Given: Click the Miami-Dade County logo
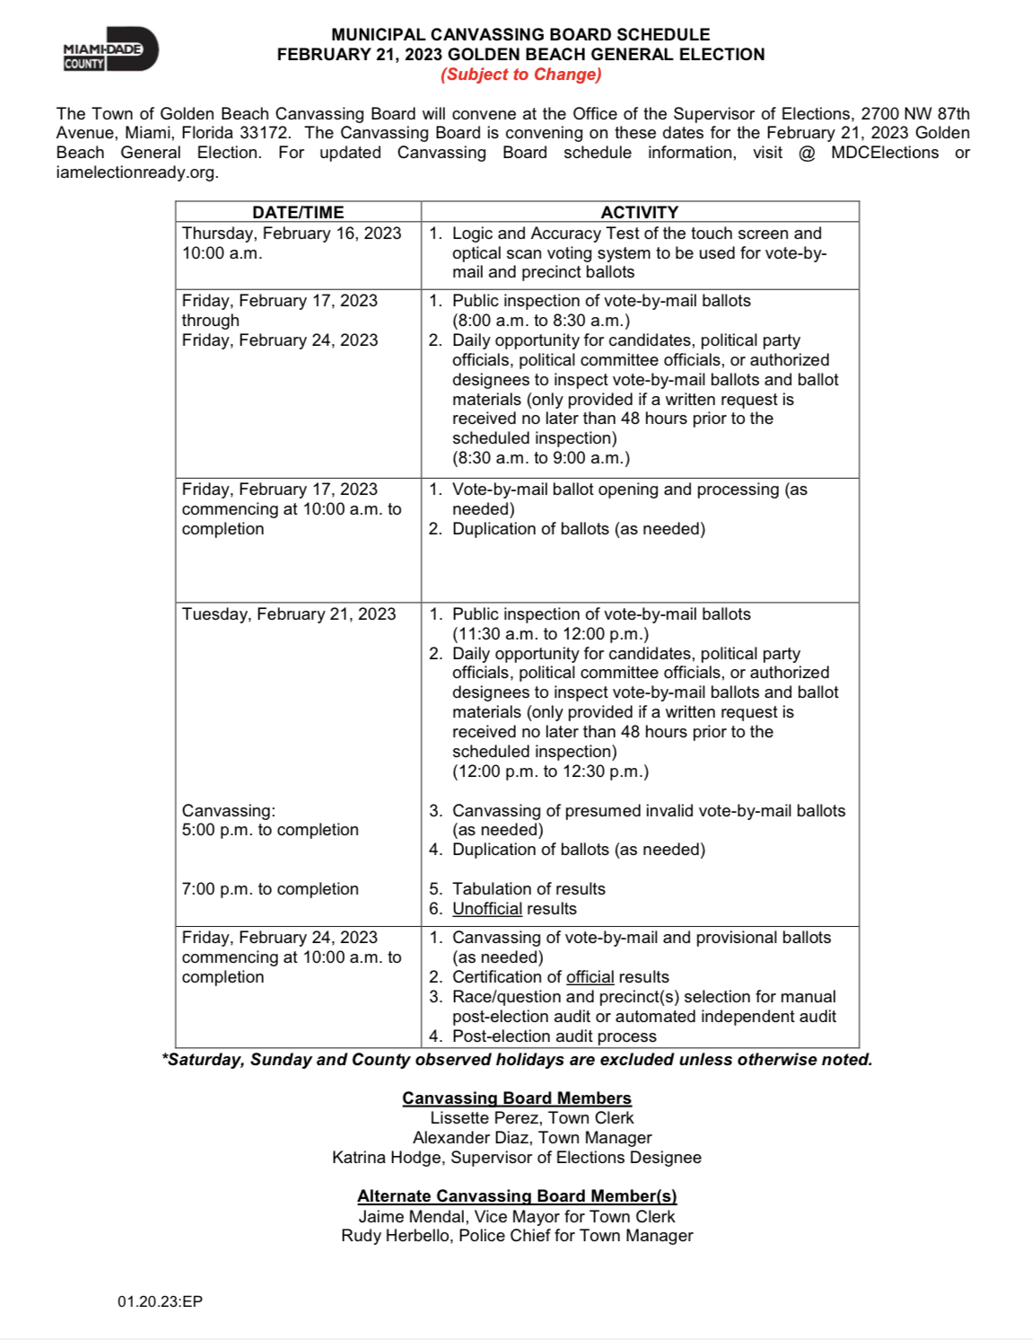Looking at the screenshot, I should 109,50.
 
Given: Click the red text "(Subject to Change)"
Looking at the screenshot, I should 521,75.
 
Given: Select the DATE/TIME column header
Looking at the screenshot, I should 298,212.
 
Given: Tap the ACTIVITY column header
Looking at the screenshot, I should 639,212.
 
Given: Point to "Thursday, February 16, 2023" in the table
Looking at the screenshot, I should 291,234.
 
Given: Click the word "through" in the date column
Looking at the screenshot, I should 210,321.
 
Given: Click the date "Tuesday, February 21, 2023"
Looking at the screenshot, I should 288,614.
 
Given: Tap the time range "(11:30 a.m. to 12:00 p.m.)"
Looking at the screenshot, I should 550,634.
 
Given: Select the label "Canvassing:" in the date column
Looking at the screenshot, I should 228,811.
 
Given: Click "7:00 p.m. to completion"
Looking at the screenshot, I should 269,889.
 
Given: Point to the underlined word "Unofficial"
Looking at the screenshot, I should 486,909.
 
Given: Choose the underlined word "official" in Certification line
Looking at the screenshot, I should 590,977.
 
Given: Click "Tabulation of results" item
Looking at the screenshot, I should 528,889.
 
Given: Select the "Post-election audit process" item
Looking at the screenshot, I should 554,1036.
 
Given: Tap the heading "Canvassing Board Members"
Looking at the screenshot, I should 516,1098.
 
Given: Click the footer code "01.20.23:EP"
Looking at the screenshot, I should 160,1301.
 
